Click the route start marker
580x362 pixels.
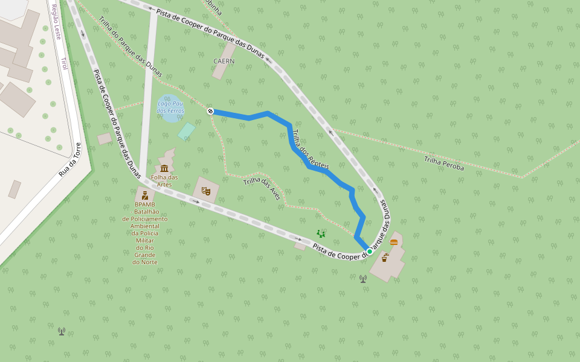point(210,111)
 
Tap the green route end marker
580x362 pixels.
point(370,251)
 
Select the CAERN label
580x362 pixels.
point(224,61)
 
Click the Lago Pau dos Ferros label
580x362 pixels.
point(170,107)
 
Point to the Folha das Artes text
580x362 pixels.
point(164,180)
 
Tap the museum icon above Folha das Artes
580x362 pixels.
point(164,168)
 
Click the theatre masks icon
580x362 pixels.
point(206,191)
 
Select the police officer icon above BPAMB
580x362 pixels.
point(145,195)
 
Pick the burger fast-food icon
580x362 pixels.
point(394,242)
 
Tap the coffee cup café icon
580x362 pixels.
point(384,258)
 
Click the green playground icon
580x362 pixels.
point(321,233)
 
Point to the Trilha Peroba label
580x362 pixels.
point(443,164)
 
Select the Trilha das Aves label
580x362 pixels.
point(262,189)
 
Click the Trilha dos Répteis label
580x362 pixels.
point(311,148)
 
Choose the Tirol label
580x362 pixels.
point(64,63)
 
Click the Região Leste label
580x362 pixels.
point(57,22)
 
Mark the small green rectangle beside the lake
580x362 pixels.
point(186,131)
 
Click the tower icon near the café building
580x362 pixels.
point(363,279)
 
